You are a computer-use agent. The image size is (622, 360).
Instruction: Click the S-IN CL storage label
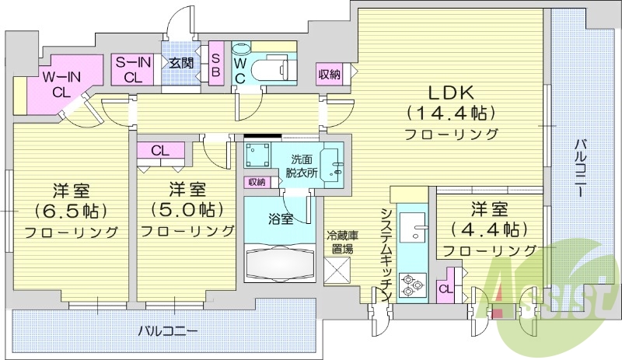133,69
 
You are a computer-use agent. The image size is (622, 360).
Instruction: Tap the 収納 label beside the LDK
329,75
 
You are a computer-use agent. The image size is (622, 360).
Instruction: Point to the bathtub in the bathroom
278,261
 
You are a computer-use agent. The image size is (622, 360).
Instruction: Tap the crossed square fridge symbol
340,273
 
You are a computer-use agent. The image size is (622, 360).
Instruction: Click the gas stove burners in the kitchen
411,285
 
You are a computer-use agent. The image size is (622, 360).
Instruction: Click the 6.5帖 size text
70,210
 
